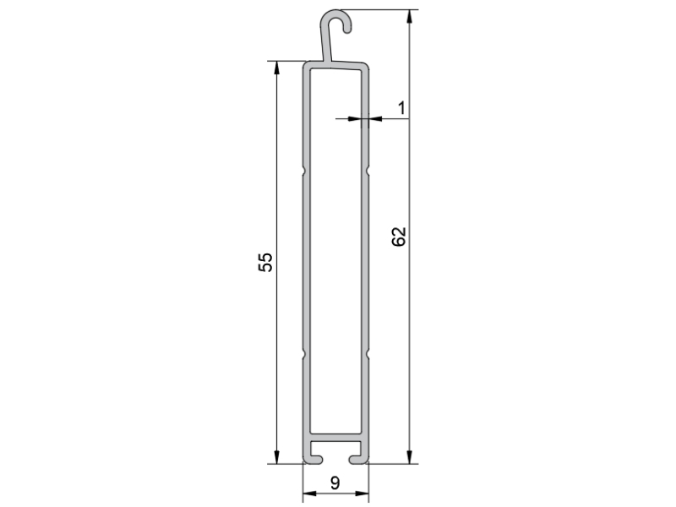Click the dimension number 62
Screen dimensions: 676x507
[x=399, y=237]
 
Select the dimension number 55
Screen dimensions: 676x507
[x=265, y=262]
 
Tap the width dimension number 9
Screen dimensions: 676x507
[x=335, y=482]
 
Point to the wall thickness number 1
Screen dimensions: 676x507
[x=402, y=108]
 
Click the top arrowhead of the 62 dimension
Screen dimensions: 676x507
[x=409, y=16]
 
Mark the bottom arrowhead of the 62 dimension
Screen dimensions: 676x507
[x=409, y=457]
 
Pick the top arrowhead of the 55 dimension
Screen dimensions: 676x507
[x=276, y=68]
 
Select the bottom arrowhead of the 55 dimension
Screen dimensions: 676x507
[x=276, y=457]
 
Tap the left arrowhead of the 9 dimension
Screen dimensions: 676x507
[x=309, y=493]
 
